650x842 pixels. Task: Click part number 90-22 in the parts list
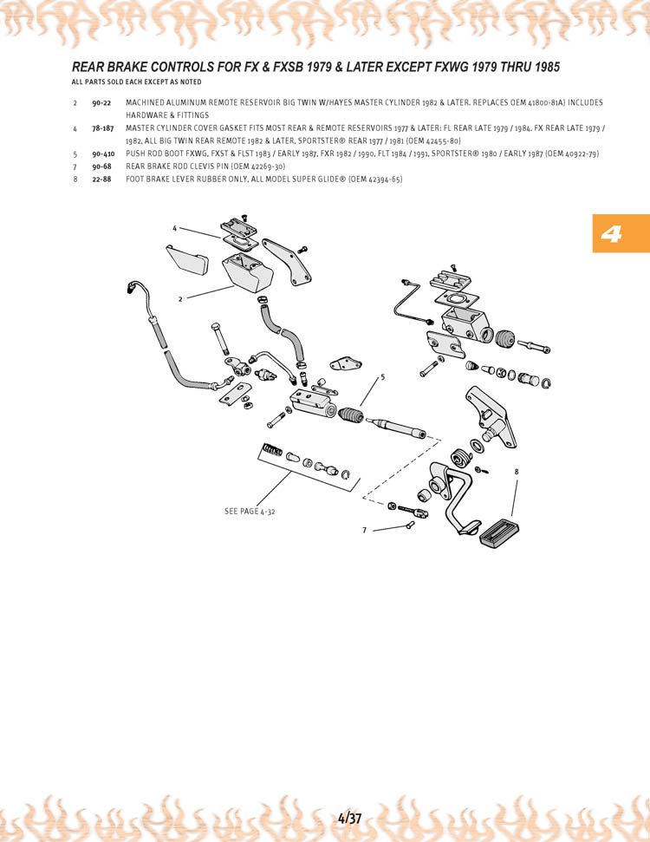101,103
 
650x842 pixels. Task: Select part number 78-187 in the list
103,128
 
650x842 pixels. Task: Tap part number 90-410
103,153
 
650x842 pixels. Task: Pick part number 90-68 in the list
101,166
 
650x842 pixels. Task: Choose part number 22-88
101,179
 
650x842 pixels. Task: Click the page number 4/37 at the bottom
350,818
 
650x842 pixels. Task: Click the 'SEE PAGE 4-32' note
250,512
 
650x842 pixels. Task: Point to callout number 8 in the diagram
517,472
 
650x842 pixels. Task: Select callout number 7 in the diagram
365,529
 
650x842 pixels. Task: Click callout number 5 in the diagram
382,377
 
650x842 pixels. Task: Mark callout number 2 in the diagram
180,298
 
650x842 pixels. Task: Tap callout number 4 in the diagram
174,228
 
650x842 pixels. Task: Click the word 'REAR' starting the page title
88,67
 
